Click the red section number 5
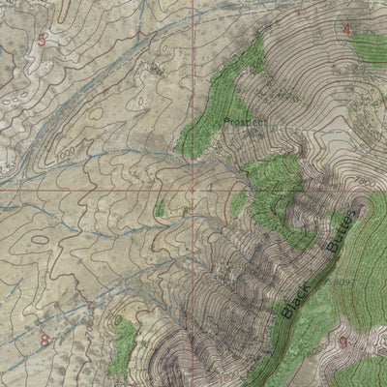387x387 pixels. pos(42,39)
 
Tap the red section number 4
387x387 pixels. pos(346,29)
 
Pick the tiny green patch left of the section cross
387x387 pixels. pos(159,208)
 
